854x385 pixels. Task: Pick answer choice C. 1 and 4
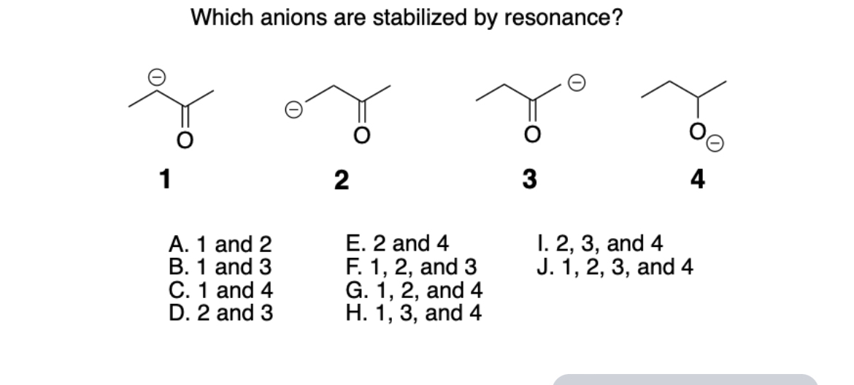pos(220,290)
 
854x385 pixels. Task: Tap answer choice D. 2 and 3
pos(220,313)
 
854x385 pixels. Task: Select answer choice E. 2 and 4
pos(397,243)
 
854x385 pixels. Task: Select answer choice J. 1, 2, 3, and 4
pos(613,266)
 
